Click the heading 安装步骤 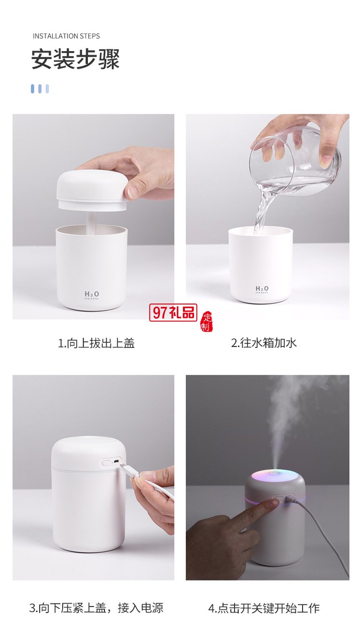[75, 60]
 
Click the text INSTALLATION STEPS [66, 36]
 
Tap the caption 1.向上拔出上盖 [96, 343]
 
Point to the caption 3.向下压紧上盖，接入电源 [96, 607]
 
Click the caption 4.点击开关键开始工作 [264, 608]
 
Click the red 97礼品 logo [173, 313]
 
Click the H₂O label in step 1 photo [92, 294]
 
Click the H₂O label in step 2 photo [262, 289]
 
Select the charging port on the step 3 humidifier [115, 462]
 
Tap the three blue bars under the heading [40, 89]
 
